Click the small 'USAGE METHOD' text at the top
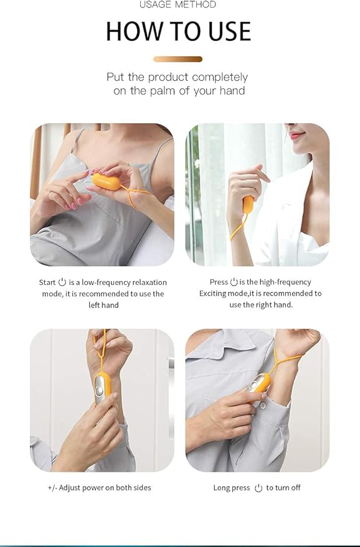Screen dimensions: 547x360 click(178, 5)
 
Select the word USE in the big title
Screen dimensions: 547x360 click(226, 31)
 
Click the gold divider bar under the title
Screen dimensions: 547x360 click(178, 59)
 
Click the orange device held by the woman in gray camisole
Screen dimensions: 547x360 click(106, 182)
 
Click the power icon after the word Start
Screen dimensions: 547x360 click(62, 283)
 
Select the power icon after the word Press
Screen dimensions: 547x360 click(234, 282)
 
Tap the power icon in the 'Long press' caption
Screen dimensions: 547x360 click(258, 488)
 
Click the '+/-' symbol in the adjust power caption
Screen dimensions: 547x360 click(52, 488)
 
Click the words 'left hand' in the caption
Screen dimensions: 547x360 click(103, 305)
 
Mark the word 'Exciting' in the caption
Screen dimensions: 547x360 click(214, 294)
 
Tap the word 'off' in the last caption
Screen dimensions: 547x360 click(295, 488)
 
